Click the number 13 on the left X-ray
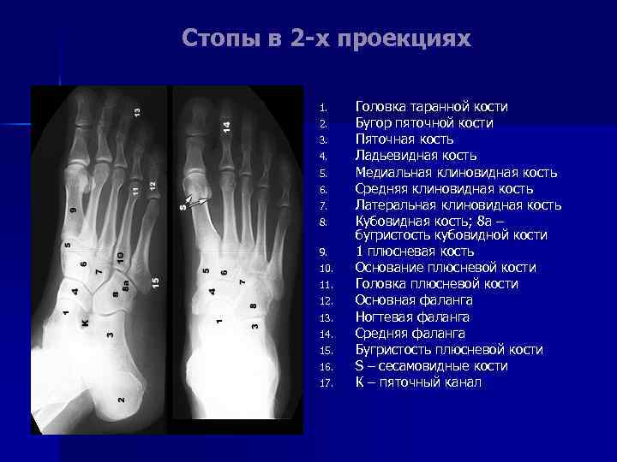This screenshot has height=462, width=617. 137,110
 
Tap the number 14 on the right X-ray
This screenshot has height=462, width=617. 226,125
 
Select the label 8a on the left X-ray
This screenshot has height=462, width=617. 126,287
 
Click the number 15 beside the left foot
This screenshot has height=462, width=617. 155,281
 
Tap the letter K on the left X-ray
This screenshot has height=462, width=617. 84,323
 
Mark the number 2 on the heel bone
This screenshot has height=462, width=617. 121,400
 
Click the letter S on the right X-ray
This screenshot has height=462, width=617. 183,206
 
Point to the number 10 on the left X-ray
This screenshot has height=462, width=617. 120,257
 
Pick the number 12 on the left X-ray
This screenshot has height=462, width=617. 153,185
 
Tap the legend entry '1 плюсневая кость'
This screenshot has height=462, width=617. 414,252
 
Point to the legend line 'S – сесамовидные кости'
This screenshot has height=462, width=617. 431,366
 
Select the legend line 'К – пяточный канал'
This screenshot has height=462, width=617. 418,382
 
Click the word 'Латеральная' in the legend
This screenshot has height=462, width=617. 396,204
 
